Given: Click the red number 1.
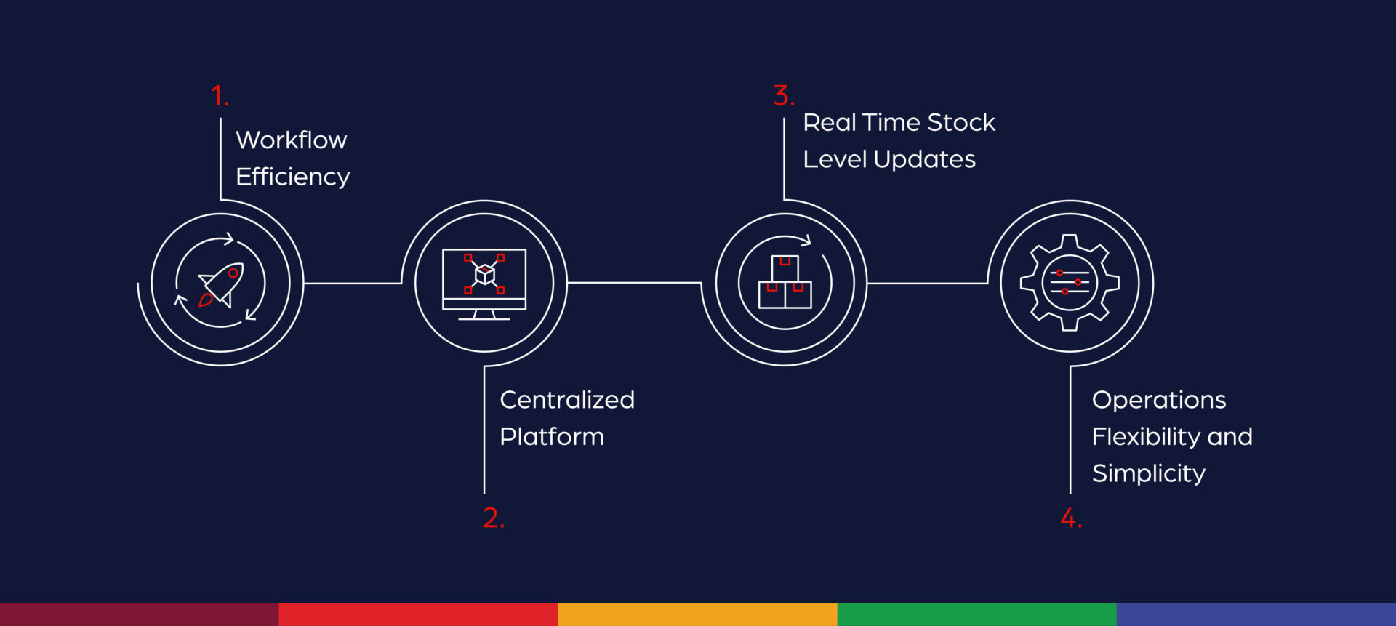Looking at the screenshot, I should point(218,96).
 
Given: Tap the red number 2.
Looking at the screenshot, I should point(492,518).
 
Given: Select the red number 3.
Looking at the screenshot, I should point(782,96).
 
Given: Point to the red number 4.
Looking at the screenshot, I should point(1070,518).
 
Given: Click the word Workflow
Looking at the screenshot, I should point(292,140).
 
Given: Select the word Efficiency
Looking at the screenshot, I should point(293,177).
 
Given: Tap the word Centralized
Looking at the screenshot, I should point(567,400).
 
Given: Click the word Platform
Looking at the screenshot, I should point(552,437).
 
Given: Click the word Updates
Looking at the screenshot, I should point(925,160).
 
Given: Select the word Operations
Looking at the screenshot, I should point(1159,400).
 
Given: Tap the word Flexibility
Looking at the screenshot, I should point(1147,437).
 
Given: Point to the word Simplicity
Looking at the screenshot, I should point(1149,474).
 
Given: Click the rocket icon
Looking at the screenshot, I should point(222,284).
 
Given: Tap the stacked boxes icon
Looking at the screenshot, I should point(785,283).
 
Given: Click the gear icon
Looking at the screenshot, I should point(1070,283).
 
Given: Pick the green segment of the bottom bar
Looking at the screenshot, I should point(976,614).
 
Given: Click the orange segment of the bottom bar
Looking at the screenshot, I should point(697,614).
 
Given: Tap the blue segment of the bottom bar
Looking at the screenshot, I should point(1256,614).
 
